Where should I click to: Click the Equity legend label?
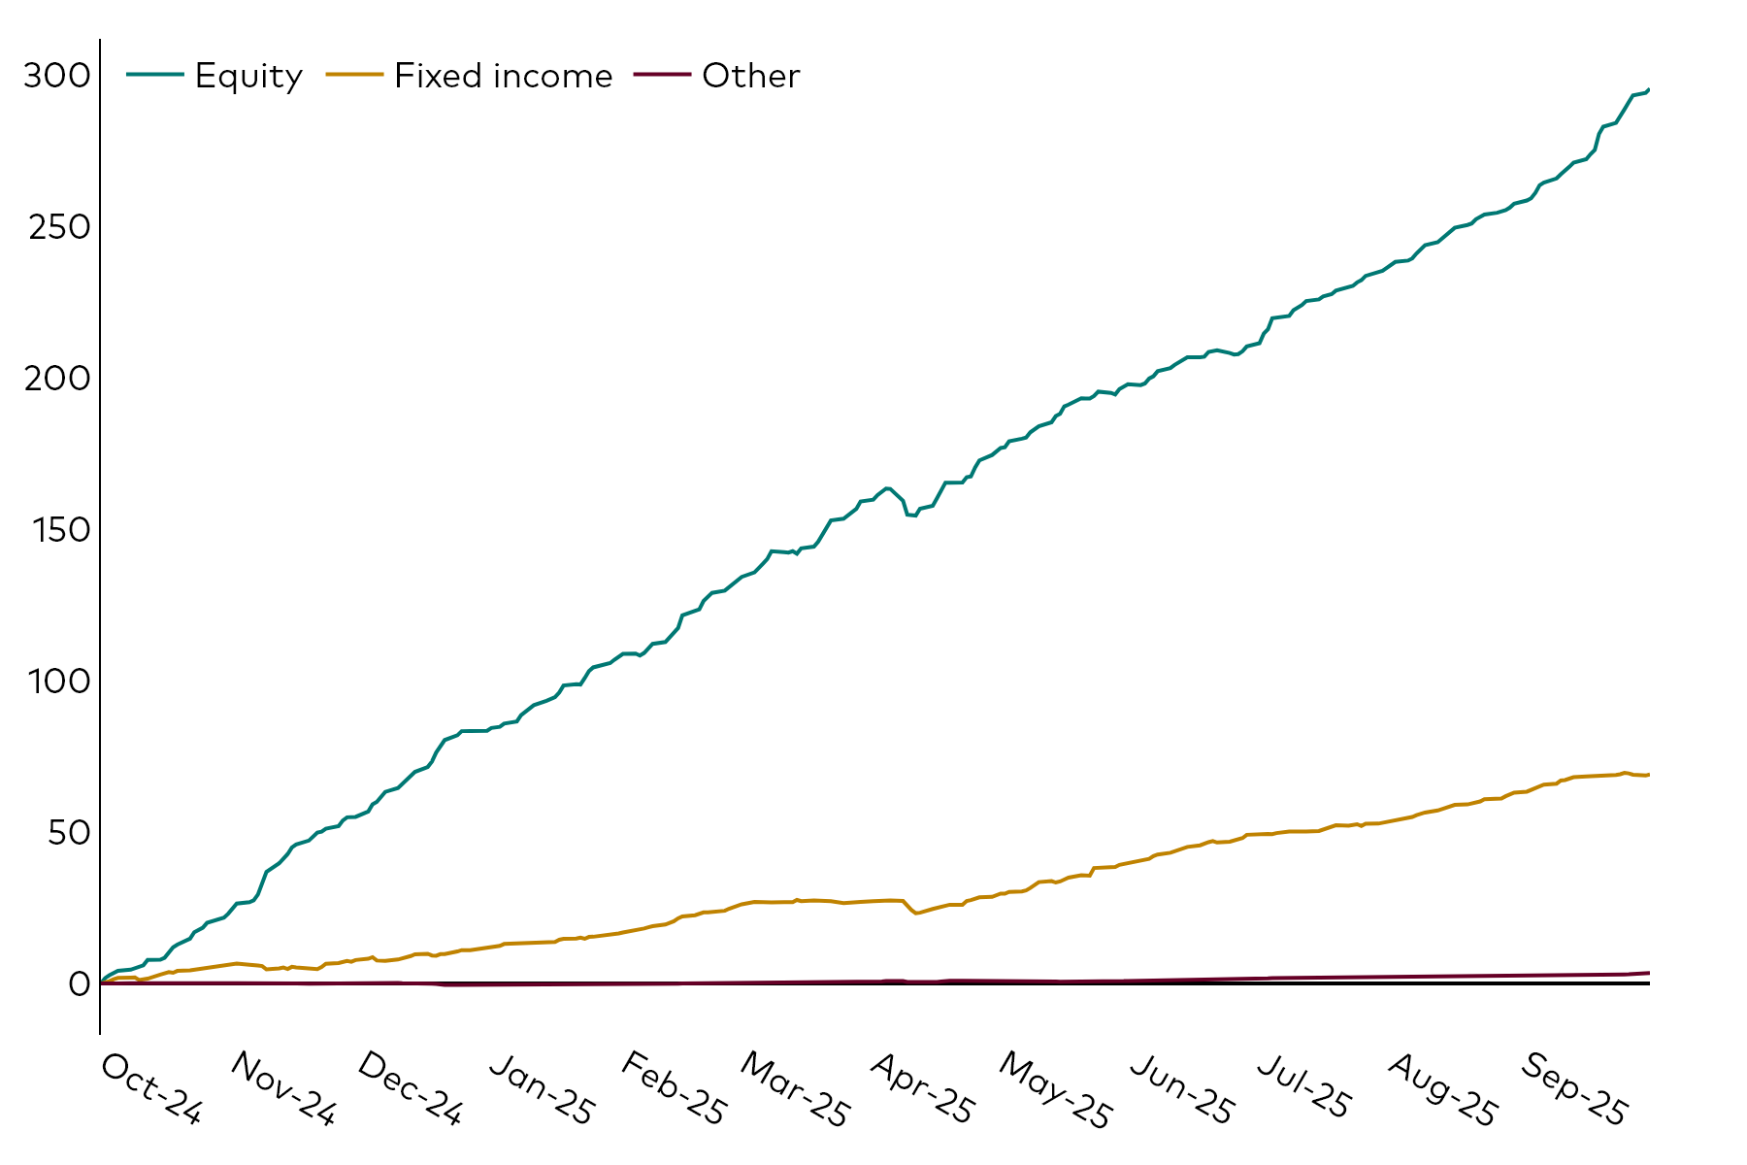(248, 76)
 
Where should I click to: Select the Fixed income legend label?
(503, 76)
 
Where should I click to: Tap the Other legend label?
(750, 76)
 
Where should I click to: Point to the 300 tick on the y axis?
(56, 76)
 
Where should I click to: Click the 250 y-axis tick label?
(56, 227)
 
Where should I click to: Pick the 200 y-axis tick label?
(56, 379)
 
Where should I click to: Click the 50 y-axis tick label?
(68, 833)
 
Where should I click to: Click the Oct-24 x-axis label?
(151, 1089)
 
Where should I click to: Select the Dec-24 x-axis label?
(410, 1089)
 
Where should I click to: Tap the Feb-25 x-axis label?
(673, 1089)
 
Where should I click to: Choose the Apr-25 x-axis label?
(922, 1089)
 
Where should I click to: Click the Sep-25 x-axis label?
(1573, 1089)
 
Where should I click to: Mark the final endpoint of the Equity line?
(1648, 90)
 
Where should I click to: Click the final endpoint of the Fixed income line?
(1648, 775)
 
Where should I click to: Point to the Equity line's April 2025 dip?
(913, 516)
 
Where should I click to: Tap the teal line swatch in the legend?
(155, 75)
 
